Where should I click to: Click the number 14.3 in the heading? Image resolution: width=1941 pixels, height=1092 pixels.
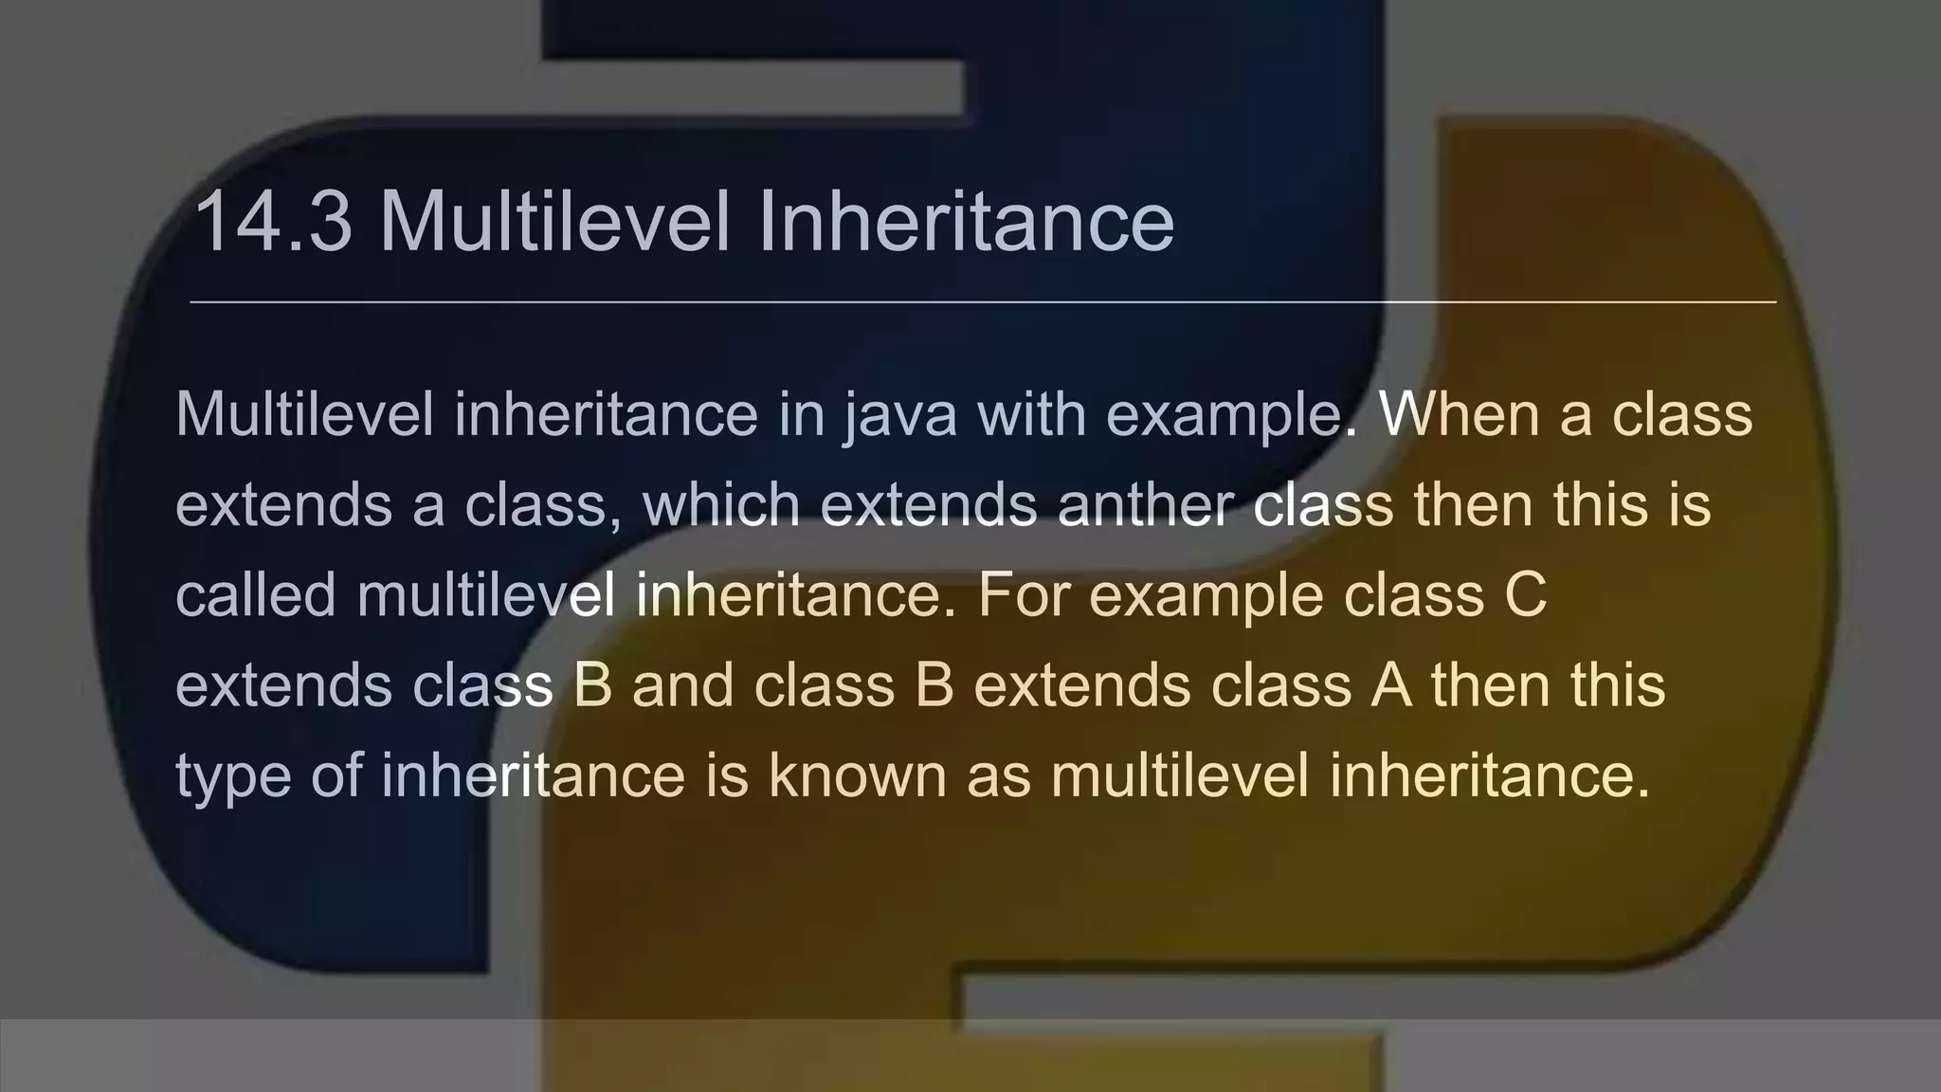coord(273,222)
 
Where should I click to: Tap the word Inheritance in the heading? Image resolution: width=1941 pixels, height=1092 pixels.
coord(966,222)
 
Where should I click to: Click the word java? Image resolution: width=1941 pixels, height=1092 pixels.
coord(900,416)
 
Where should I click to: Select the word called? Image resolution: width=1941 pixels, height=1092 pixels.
coord(256,594)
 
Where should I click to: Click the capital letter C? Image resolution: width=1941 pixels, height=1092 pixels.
coord(1525,594)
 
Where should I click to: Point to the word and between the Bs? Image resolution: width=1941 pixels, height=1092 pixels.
coord(682,684)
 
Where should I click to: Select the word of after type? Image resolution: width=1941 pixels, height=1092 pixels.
coord(336,774)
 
